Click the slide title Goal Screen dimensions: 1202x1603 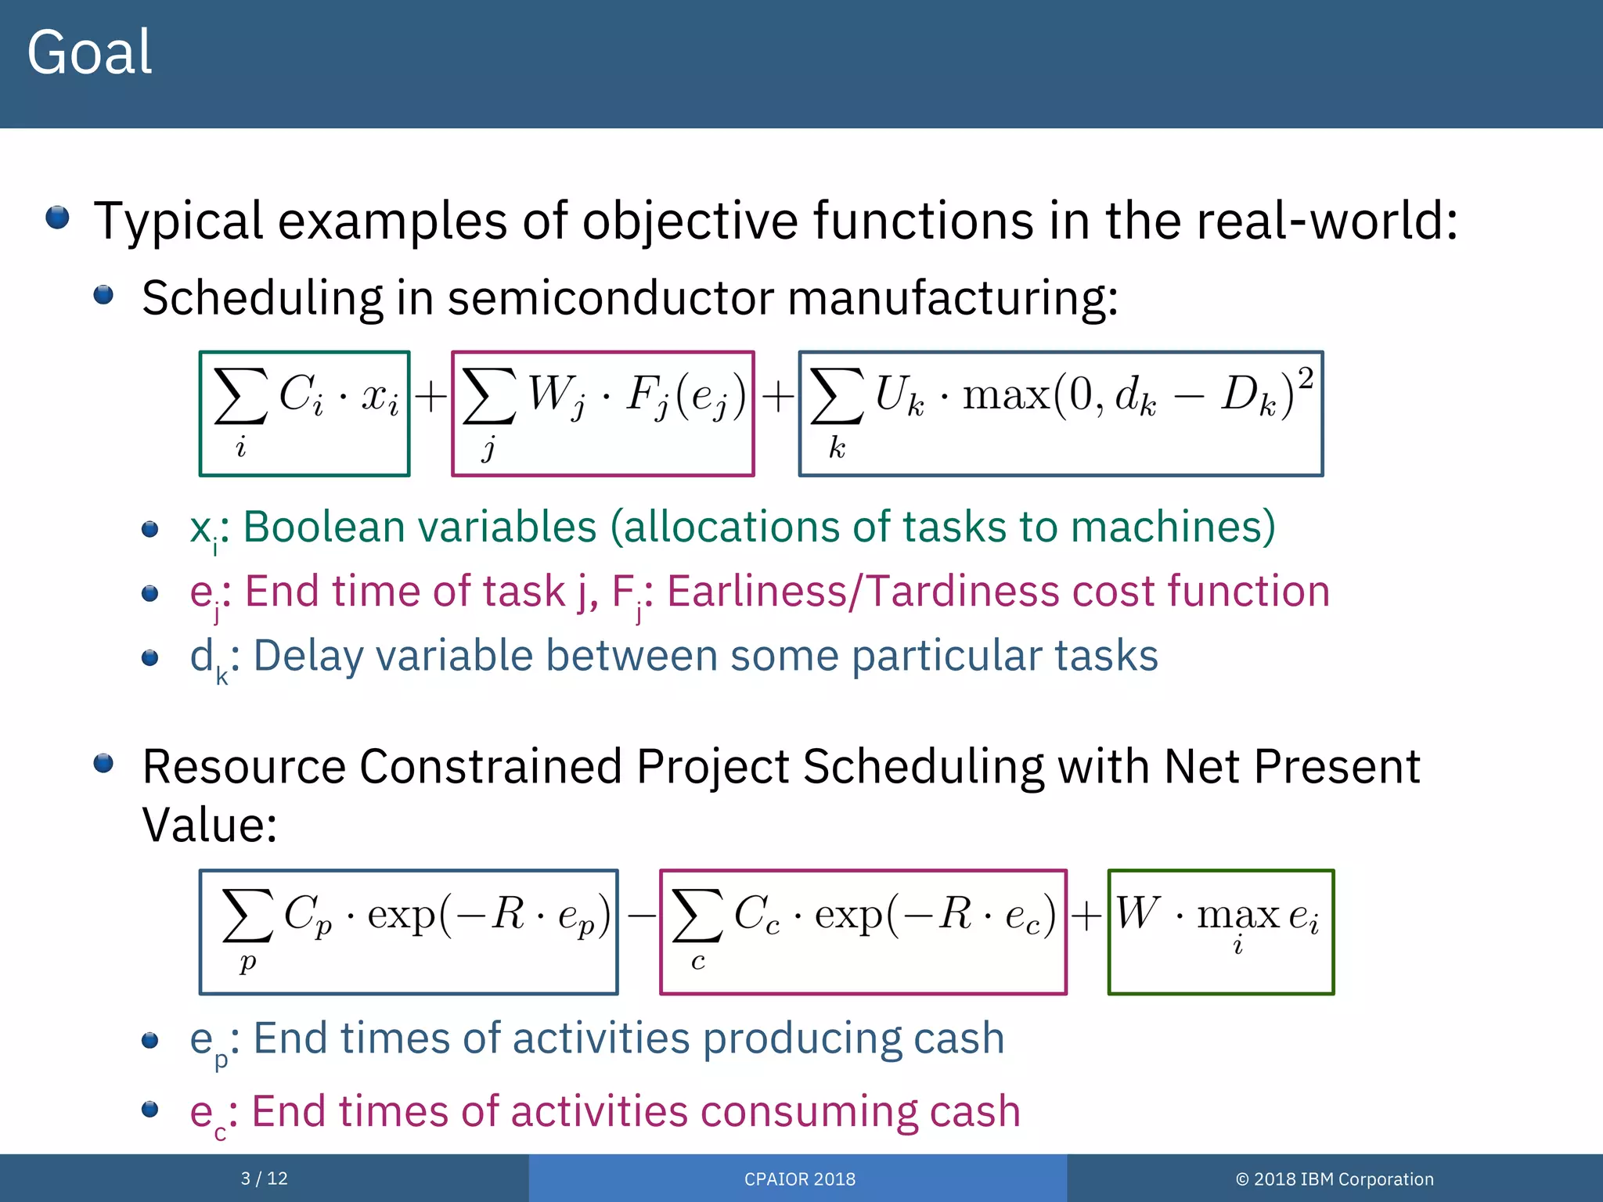click(89, 53)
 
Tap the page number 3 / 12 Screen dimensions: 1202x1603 click(264, 1179)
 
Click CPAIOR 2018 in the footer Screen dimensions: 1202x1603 click(799, 1179)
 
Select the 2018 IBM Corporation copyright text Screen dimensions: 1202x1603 click(1335, 1179)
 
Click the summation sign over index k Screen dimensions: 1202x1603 click(836, 396)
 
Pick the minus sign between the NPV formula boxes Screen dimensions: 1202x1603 click(640, 914)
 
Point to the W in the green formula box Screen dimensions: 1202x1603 click(1137, 912)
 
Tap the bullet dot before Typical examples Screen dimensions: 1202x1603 click(57, 217)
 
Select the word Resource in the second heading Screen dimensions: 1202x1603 click(243, 766)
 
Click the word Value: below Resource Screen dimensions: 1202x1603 click(209, 825)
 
